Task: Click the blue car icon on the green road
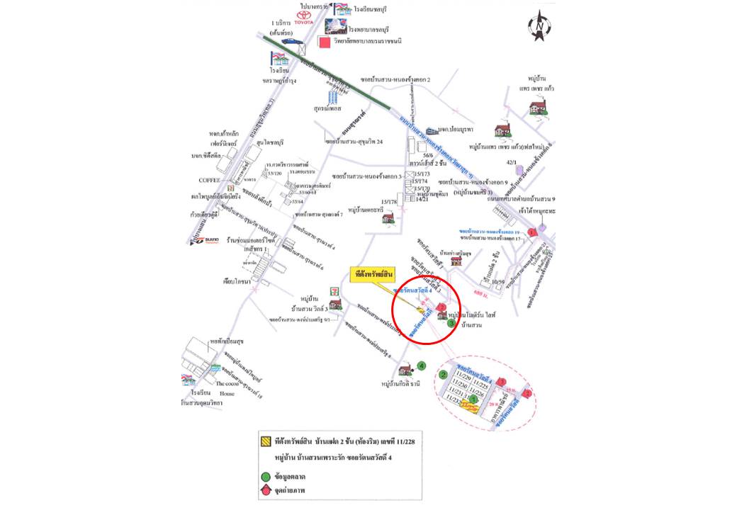click(x=291, y=41)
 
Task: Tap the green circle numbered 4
click(x=421, y=365)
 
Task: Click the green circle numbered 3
click(x=451, y=324)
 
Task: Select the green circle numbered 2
click(x=443, y=375)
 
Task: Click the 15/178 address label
click(x=390, y=202)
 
